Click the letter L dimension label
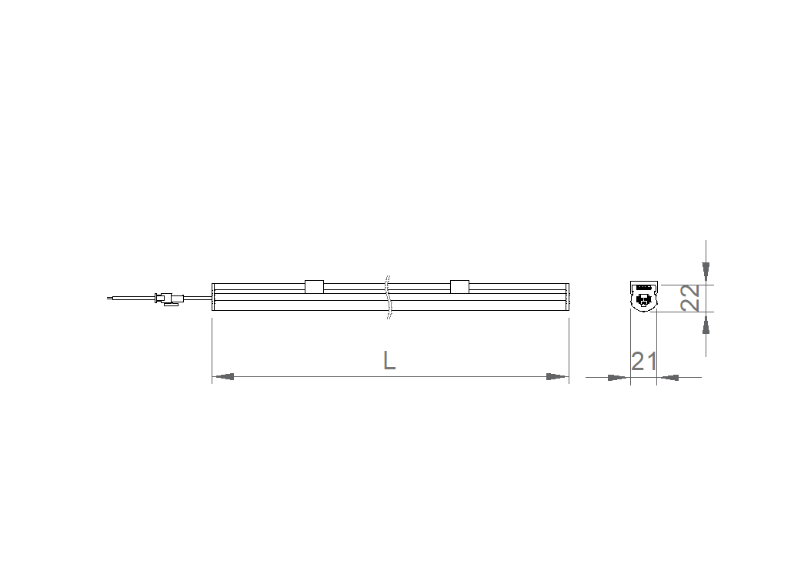click(x=389, y=360)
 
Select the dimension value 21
click(x=644, y=362)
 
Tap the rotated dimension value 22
click(x=690, y=298)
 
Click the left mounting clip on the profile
click(x=314, y=286)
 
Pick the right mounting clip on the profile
click(x=459, y=286)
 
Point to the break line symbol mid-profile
click(x=389, y=297)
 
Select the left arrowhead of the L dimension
click(x=224, y=376)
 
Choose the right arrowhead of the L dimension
click(x=556, y=376)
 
